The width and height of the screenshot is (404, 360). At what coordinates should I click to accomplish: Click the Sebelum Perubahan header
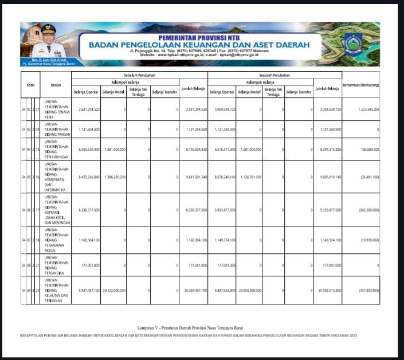[139, 75]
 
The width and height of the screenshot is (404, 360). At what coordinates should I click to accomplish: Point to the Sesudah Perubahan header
[274, 75]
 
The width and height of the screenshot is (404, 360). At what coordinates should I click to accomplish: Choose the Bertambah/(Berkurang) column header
[361, 85]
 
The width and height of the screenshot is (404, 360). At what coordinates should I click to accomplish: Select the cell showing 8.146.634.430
[194, 150]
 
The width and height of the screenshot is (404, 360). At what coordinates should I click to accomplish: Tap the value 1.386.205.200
[113, 177]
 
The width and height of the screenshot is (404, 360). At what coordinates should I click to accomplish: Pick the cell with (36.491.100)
[367, 177]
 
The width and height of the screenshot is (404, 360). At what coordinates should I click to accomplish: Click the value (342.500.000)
[366, 210]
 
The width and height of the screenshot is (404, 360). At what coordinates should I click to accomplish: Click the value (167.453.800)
[367, 291]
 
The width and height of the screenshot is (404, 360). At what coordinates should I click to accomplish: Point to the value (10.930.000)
[367, 240]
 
